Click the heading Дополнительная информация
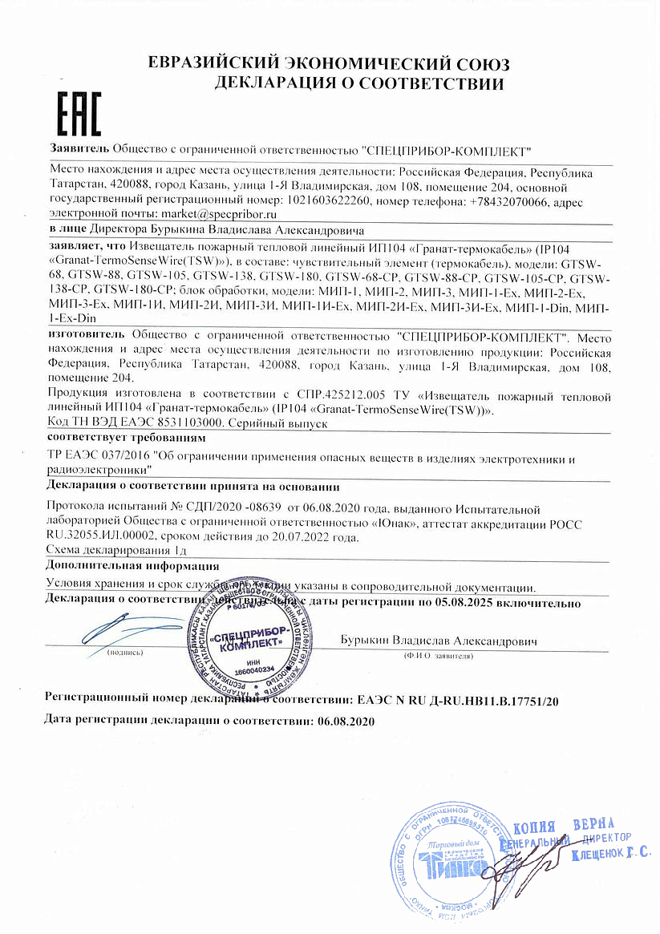(132, 566)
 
